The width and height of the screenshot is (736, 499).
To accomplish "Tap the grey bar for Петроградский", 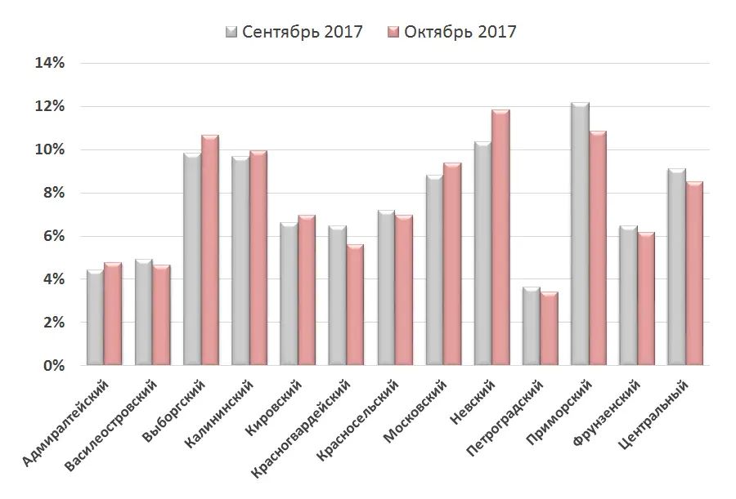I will tap(531, 326).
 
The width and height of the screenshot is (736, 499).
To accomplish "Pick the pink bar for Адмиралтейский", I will tap(113, 314).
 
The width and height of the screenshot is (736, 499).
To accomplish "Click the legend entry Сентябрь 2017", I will tap(294, 32).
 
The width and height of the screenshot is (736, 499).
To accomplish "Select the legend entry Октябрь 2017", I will tap(451, 32).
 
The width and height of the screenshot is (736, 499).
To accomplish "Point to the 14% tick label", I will tap(49, 64).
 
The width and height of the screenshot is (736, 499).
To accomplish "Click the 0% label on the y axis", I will tap(53, 366).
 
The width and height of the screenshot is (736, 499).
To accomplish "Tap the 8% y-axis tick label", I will tap(53, 194).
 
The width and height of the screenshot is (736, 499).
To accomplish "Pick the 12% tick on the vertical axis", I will tap(49, 107).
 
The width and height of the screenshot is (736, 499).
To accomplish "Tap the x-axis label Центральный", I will tap(662, 412).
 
